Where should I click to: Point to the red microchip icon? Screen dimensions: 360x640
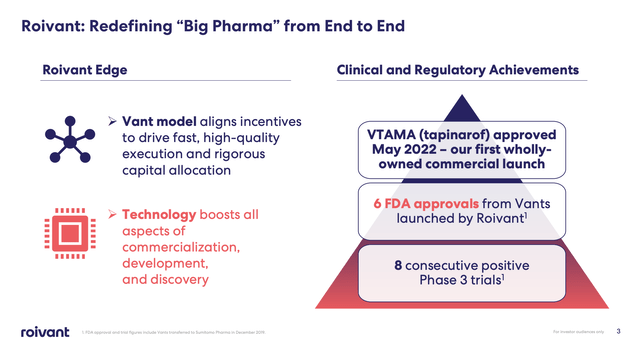66,232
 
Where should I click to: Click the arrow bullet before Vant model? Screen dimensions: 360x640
113,121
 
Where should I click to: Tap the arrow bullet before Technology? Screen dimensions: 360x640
113,215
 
